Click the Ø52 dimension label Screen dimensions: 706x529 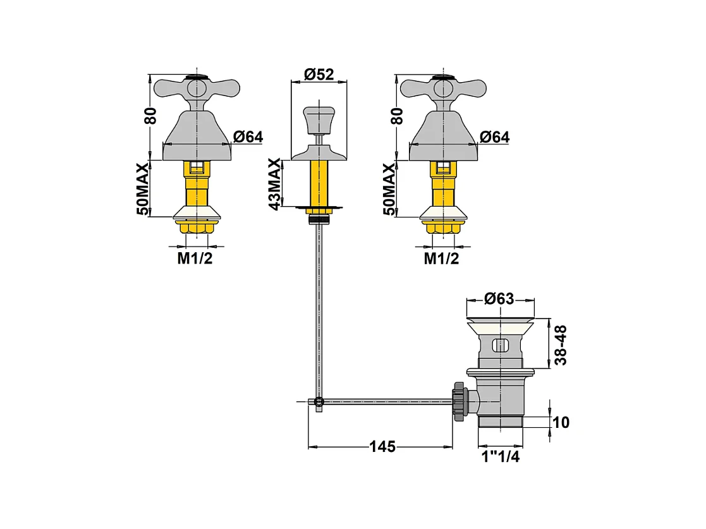319,74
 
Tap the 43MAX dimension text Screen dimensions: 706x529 274,184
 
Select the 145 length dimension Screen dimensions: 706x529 382,446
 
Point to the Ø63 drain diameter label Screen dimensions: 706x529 499,298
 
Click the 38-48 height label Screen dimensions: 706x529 561,345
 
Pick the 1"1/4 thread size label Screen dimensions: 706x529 501,456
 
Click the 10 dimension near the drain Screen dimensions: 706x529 561,422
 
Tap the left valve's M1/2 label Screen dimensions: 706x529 195,258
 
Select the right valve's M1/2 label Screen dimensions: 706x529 442,258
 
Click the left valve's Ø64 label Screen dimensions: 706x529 248,137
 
